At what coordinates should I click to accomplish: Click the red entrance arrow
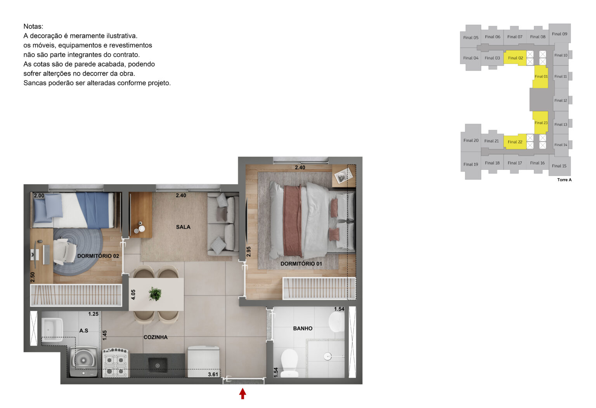click(243, 394)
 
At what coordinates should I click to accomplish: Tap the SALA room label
click(183, 227)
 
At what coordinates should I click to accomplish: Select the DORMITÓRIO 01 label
click(301, 264)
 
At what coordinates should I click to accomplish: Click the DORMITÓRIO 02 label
click(98, 256)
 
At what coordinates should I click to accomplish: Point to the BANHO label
click(303, 328)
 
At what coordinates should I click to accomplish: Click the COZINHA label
click(156, 337)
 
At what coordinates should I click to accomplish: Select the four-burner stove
click(115, 363)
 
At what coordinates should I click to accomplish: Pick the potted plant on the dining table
click(155, 294)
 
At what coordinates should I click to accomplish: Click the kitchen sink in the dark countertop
click(158, 365)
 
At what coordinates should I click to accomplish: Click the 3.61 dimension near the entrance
click(213, 374)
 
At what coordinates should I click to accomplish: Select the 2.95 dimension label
click(249, 251)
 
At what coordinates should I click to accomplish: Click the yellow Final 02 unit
click(515, 58)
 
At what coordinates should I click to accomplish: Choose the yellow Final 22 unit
click(515, 142)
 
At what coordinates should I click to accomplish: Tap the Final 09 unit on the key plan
click(560, 34)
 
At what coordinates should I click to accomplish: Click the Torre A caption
click(564, 180)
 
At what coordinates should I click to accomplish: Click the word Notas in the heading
click(33, 26)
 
